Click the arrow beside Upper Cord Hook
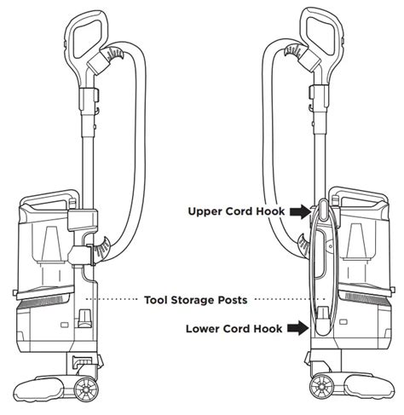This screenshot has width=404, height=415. click(300, 211)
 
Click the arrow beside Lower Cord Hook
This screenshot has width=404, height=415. click(297, 328)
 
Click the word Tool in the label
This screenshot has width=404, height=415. click(156, 300)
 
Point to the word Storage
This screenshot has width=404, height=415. click(193, 300)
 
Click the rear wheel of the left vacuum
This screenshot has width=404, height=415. click(86, 389)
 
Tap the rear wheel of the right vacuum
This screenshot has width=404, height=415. click(321, 387)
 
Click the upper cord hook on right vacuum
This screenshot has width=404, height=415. click(324, 210)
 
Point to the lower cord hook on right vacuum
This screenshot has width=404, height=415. click(323, 321)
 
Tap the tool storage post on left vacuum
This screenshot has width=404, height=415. click(84, 319)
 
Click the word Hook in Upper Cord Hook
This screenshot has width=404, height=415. click(270, 211)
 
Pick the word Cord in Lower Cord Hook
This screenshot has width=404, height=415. click(236, 329)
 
